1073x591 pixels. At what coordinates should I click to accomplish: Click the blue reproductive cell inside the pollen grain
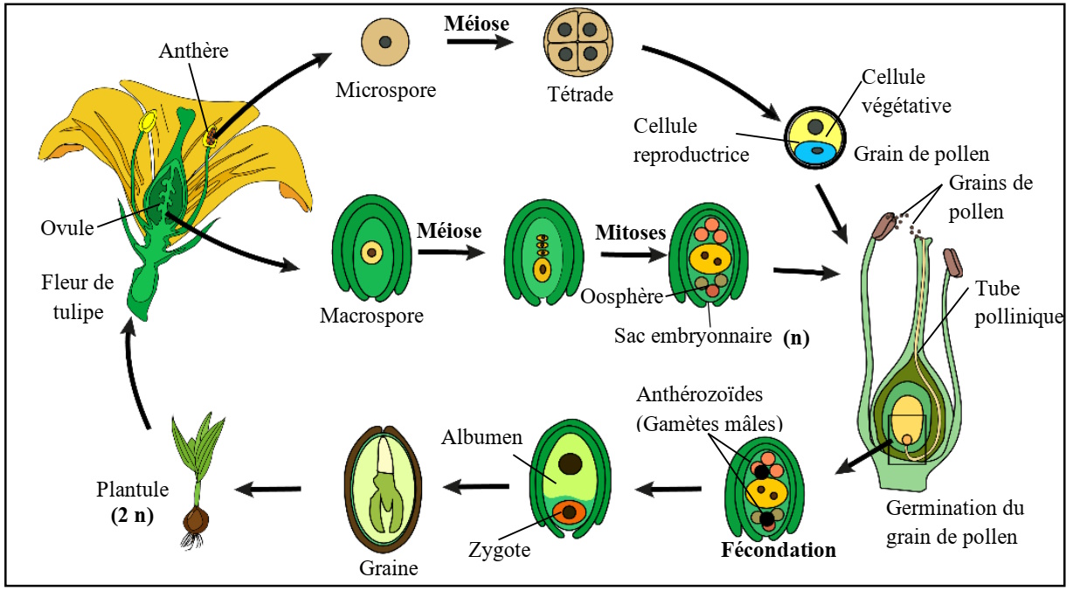tap(818, 150)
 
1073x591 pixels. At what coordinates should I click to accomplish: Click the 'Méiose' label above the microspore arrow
tap(476, 23)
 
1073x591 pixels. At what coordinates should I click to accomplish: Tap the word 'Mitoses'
tap(631, 233)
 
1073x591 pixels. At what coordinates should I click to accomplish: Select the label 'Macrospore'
tap(371, 315)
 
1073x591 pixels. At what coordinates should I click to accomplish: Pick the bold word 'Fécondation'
tap(778, 551)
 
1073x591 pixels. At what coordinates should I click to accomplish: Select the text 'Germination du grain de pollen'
tap(954, 522)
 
